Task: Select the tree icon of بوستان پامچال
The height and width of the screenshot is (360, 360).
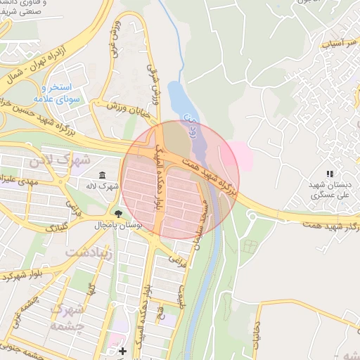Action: (117, 214)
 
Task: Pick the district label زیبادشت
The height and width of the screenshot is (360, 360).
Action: (89, 251)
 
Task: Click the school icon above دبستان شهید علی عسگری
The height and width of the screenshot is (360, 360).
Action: (328, 174)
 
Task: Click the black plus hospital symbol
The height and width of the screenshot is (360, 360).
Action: (122, 351)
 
